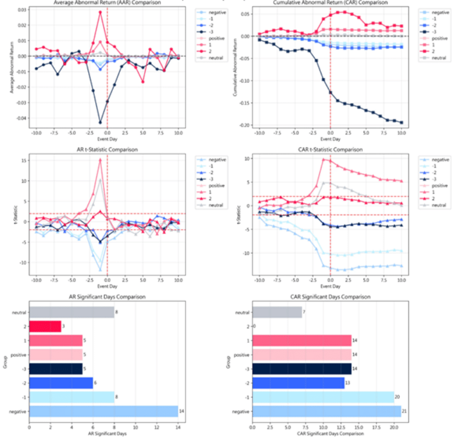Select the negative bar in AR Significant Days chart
tap(104, 411)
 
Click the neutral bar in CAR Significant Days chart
tap(277, 312)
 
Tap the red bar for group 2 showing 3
tap(45, 326)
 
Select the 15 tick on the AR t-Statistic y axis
tap(24, 161)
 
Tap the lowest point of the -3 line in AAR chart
tap(100, 122)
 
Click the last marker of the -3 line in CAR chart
tap(401, 122)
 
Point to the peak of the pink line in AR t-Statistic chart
tap(100, 160)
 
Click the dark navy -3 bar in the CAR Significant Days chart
tap(302, 369)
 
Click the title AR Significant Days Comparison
tap(104, 297)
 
